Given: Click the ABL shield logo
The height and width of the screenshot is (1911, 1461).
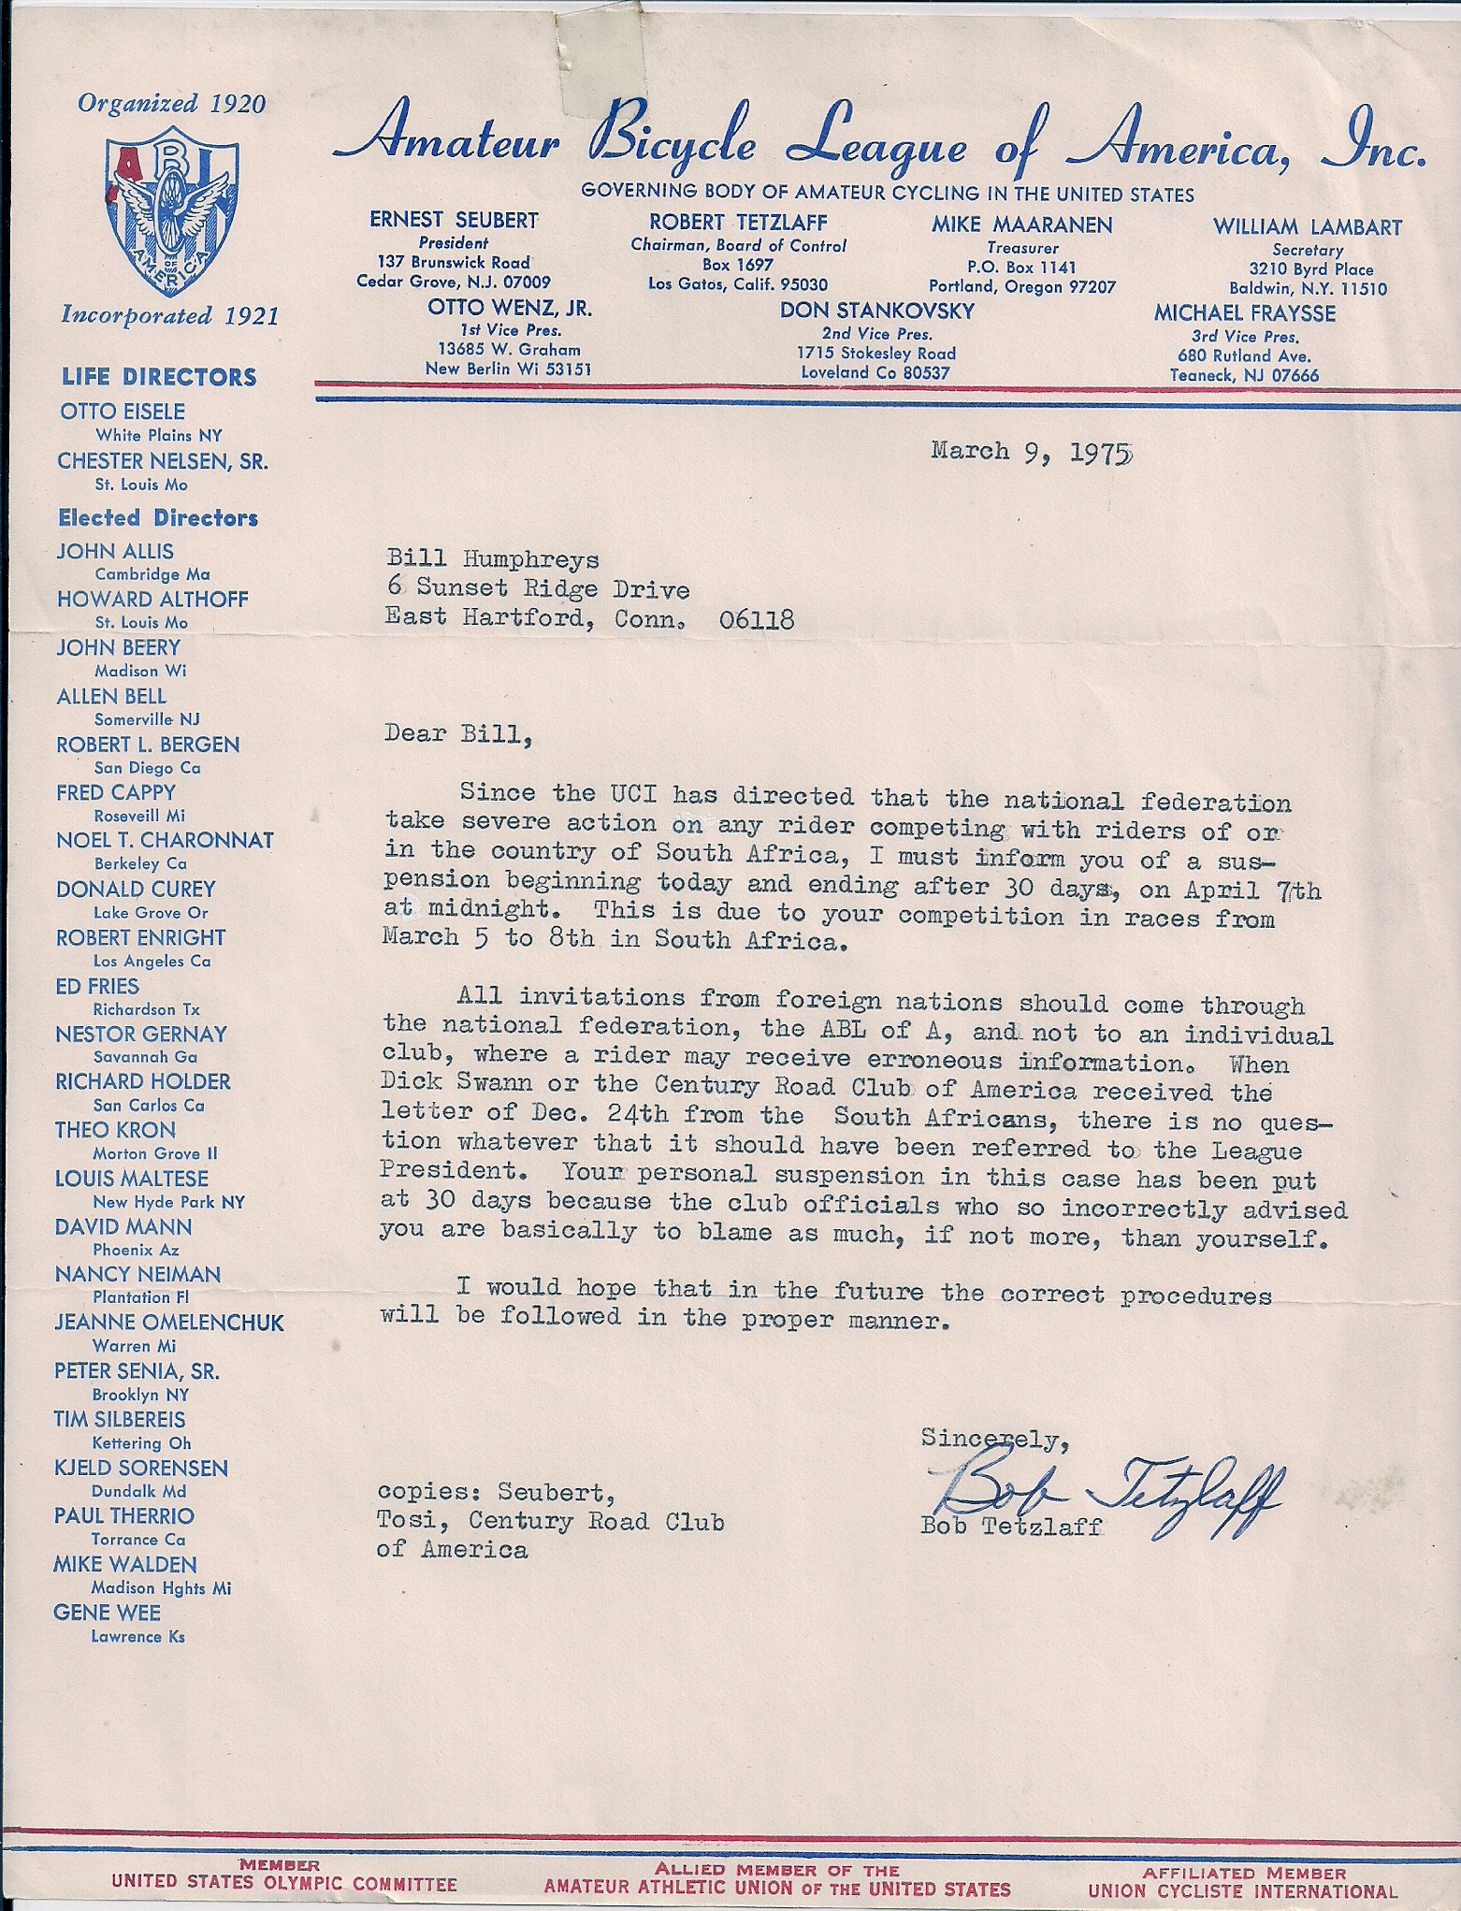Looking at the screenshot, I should tap(172, 210).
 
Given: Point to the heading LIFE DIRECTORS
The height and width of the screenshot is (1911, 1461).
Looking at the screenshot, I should tap(159, 378).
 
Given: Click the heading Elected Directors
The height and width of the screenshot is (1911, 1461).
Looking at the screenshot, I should tap(158, 518).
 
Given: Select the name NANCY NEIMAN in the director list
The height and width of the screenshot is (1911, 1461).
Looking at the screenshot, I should tap(137, 1274).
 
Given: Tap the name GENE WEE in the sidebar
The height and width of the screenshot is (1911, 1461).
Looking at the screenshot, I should tap(107, 1613).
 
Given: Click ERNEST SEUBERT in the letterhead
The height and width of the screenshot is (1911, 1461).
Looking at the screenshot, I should tap(454, 221).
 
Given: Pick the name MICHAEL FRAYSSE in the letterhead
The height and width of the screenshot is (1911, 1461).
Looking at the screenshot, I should tap(1244, 313).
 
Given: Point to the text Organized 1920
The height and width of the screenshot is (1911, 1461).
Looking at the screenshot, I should tap(172, 104).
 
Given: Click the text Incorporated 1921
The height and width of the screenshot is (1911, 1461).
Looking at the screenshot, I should tap(169, 316).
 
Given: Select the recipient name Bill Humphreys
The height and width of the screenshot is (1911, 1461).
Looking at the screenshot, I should tap(493, 559).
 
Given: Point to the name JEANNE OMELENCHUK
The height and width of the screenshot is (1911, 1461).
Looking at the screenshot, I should tap(168, 1323).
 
